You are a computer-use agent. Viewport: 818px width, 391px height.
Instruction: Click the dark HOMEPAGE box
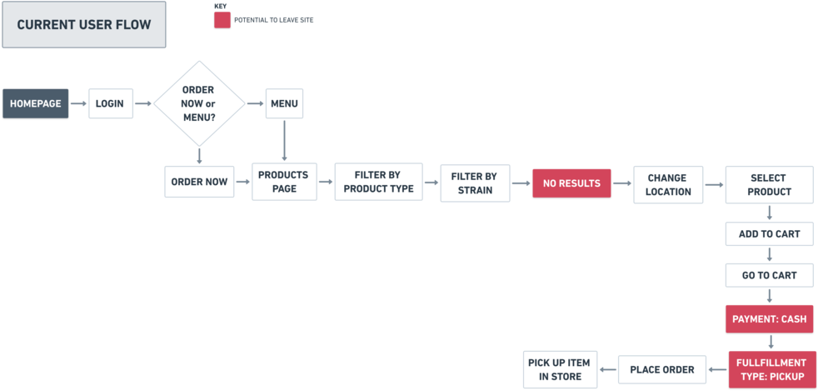coord(36,103)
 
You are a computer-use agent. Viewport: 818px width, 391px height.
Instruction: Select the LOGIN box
coord(110,103)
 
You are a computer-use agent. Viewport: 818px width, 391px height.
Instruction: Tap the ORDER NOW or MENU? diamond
coord(198,103)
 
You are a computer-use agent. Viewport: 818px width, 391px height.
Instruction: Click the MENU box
coord(284,103)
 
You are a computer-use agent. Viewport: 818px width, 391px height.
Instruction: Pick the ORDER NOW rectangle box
coord(199,182)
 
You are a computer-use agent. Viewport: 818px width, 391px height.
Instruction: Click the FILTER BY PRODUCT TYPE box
coord(377,182)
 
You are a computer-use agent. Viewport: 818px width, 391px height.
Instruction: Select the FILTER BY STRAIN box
coord(474,183)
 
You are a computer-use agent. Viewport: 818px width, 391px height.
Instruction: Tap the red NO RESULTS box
coord(571,183)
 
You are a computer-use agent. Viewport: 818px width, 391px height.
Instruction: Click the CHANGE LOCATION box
coord(667,184)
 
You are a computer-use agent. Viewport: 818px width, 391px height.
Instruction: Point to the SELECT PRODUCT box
coord(769,184)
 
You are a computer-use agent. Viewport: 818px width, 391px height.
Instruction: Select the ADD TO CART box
coord(769,234)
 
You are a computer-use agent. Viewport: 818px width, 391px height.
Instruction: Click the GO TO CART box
coord(769,275)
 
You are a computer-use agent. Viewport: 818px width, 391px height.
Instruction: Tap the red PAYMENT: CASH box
coord(769,318)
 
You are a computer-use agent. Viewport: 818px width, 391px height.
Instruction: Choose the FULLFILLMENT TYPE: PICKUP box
coord(771,369)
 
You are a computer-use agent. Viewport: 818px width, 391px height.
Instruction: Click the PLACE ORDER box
coord(661,369)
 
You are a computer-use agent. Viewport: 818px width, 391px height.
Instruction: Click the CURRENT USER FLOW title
coord(84,25)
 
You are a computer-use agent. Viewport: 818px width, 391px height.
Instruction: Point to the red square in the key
coord(222,19)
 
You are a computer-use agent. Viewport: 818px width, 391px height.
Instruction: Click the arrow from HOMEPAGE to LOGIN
coord(78,103)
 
